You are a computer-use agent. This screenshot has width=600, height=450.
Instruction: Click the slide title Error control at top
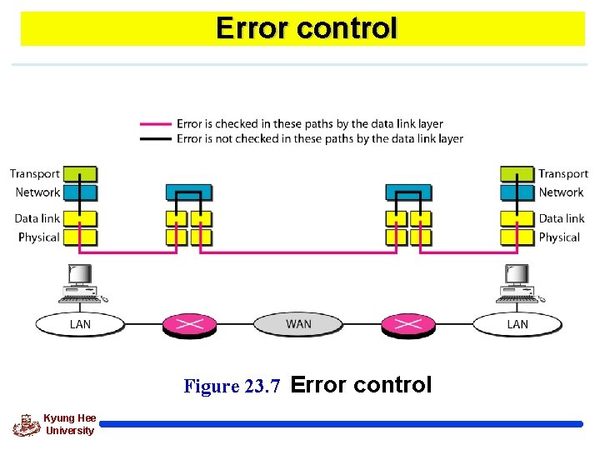pos(306,28)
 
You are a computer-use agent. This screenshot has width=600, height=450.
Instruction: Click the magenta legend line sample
pos(156,124)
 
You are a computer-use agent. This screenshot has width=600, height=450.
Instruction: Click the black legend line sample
pos(156,139)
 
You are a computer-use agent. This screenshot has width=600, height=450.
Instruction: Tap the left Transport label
pos(35,174)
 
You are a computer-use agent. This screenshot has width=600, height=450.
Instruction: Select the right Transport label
pos(562,174)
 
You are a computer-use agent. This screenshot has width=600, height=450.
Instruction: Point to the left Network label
pos(37,192)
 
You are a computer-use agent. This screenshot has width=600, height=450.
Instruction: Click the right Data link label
pos(561,218)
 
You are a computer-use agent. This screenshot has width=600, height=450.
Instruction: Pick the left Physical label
pos(38,237)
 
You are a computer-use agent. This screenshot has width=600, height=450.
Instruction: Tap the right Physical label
pos(558,237)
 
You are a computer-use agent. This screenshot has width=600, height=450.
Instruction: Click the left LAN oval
pos(80,323)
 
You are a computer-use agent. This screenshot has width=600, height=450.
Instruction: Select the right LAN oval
pos(517,323)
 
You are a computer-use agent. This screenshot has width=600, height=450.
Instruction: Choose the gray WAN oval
pos(298,323)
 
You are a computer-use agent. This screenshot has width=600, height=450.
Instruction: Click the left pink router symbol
pos(189,324)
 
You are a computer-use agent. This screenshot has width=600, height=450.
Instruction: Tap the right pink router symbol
pos(407,324)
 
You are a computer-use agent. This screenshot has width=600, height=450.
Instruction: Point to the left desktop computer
pos(79,282)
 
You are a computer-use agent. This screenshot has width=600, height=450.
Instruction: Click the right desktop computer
pos(517,282)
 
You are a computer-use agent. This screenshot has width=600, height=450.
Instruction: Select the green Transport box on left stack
pos(81,174)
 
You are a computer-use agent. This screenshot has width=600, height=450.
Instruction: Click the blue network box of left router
pos(189,192)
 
